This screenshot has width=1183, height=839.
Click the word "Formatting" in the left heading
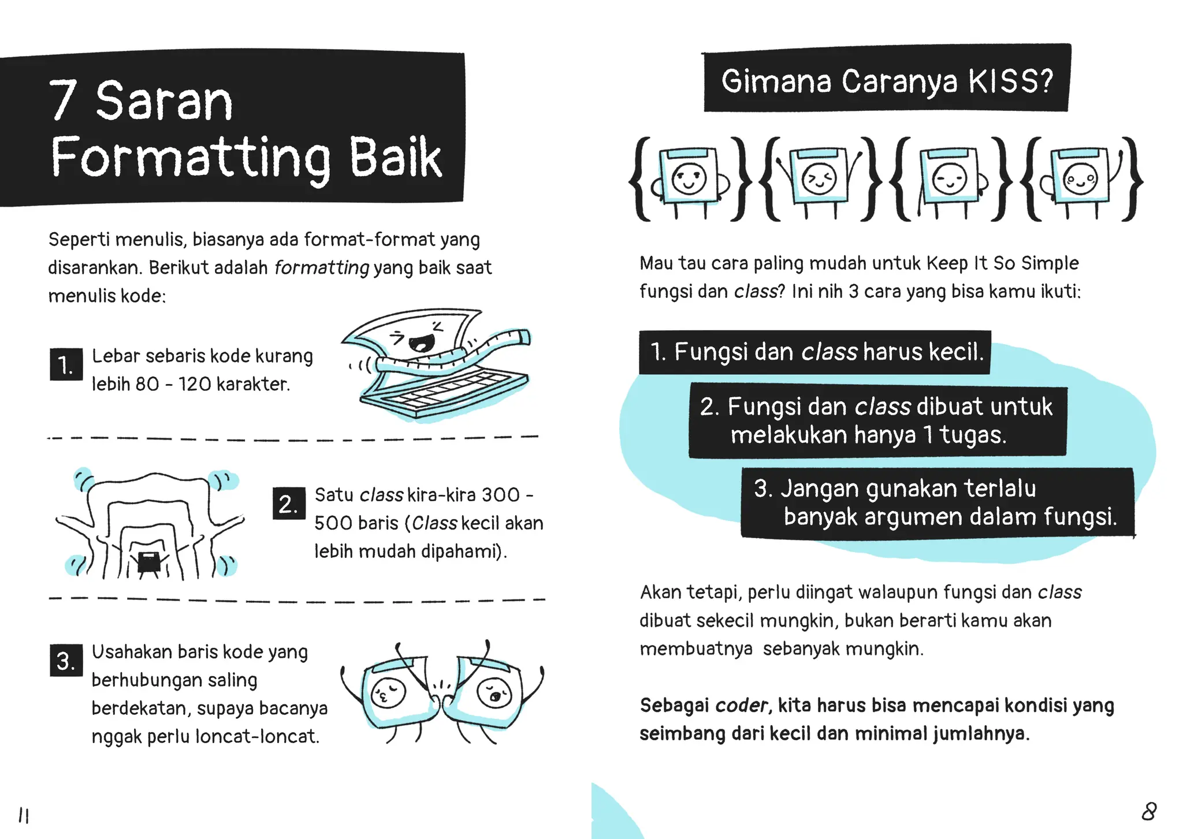point(191,158)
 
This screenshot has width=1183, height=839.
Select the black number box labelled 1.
point(66,364)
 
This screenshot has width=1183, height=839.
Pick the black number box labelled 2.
point(288,504)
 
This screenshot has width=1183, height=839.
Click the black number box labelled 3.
point(66,661)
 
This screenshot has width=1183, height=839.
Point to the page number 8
point(1148,812)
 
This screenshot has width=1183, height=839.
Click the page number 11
point(24,815)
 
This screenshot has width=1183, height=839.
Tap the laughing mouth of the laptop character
point(421,343)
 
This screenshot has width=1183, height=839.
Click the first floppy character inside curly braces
point(689,178)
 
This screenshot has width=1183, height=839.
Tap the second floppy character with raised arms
point(819,178)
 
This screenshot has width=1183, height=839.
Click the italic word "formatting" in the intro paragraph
point(321,268)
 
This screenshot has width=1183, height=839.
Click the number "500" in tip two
point(332,523)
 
